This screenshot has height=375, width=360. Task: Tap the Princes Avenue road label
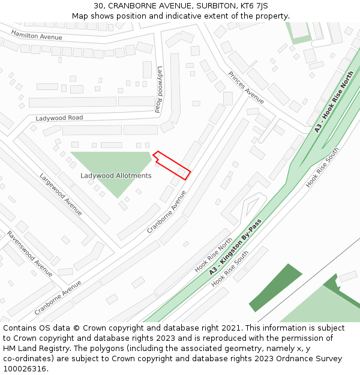246,87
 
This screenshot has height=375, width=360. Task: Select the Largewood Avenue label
61,194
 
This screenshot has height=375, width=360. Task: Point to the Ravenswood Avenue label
29,253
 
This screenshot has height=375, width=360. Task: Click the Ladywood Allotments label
116,176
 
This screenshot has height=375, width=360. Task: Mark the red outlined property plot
172,165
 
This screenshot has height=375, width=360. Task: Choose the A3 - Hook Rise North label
334,103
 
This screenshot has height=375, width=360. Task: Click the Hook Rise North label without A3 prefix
213,254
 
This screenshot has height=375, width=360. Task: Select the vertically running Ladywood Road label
158,89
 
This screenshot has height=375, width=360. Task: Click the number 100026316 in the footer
24,369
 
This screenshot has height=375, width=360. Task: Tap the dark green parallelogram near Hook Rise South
275,287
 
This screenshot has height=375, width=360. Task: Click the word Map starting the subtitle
80,16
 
